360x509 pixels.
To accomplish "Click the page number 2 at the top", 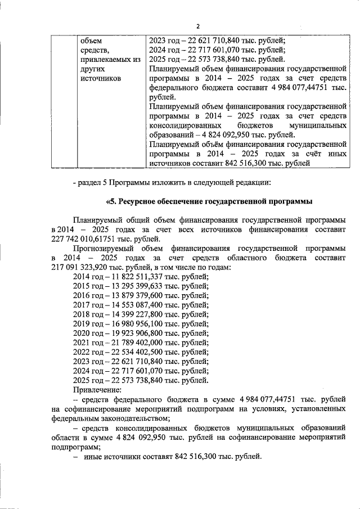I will click(198, 26).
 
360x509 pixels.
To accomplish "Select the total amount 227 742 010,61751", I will click(83, 239).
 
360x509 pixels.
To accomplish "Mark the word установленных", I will click(317, 409).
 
